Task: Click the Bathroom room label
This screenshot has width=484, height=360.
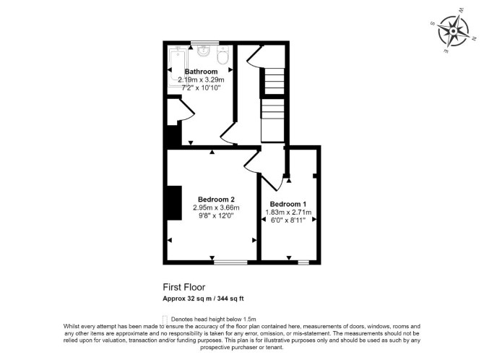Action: tap(201, 72)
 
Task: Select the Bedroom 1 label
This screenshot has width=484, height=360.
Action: tap(288, 205)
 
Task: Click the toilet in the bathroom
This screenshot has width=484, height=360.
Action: tap(222, 55)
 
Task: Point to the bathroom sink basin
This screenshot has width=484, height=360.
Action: tap(204, 51)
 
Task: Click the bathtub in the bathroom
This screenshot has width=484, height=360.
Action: tap(177, 65)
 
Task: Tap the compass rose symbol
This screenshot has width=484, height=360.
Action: tap(453, 31)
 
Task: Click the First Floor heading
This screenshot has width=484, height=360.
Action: tap(184, 287)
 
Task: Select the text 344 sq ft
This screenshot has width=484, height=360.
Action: tap(230, 299)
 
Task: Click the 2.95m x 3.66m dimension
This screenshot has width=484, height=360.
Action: tap(216, 207)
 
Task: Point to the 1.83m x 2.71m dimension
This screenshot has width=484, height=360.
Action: tap(288, 213)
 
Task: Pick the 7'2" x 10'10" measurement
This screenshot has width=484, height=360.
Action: tap(201, 87)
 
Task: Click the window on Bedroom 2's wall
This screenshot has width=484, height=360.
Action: tap(230, 262)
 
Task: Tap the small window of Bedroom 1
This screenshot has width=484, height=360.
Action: tap(303, 262)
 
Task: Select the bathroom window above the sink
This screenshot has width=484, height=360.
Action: tap(204, 43)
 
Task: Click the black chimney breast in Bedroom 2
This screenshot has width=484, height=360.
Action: tap(174, 203)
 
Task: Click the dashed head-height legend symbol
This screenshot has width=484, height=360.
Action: tap(165, 320)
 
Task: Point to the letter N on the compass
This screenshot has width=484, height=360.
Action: tap(474, 38)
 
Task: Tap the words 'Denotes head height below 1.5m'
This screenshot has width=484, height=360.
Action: tap(213, 320)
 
